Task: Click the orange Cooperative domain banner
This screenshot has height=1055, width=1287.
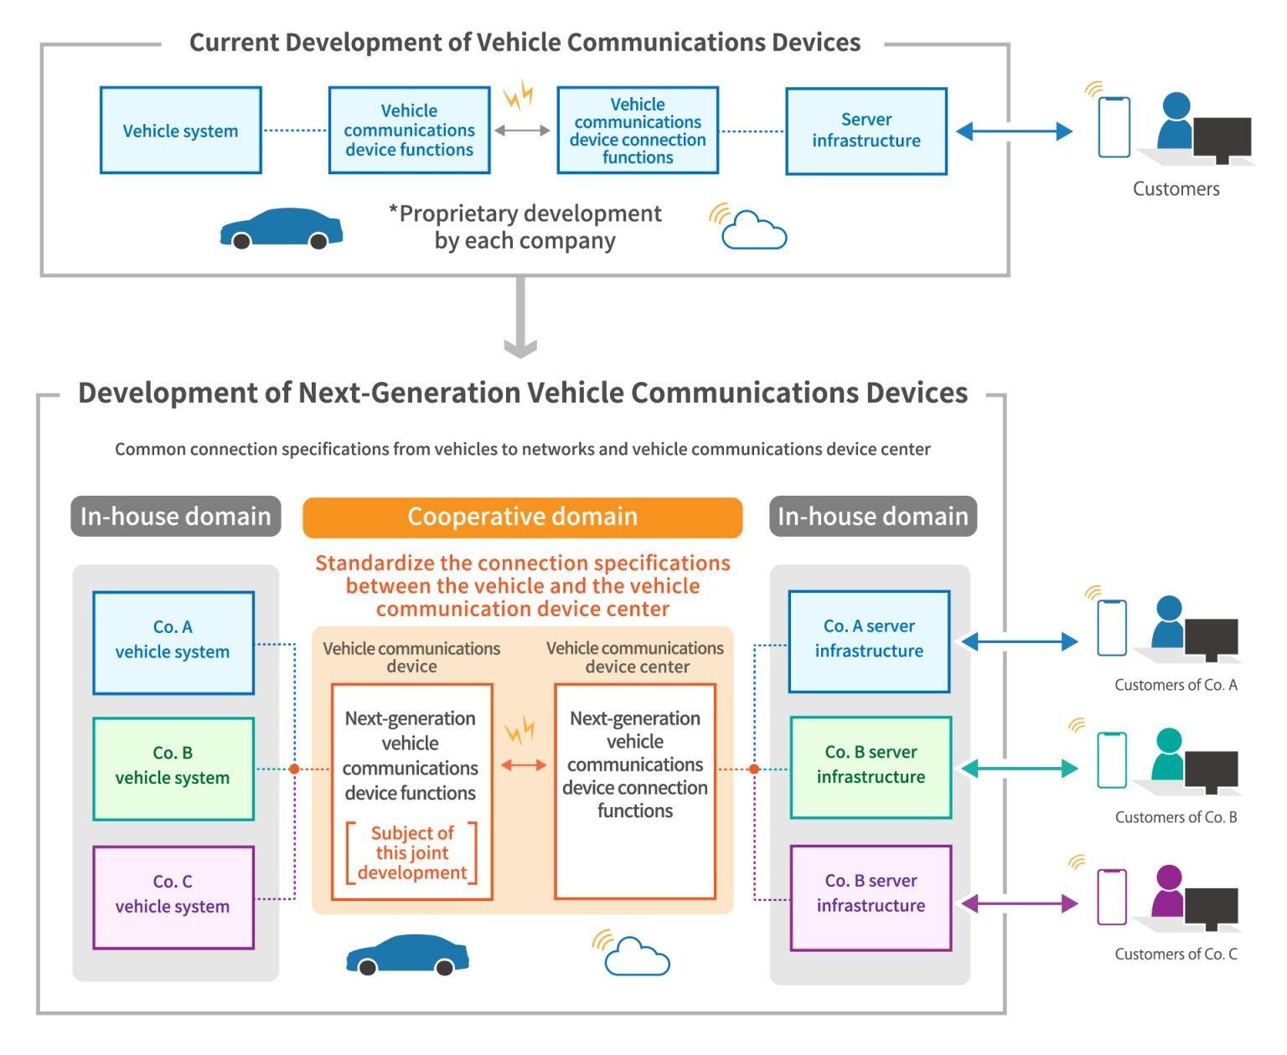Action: [522, 517]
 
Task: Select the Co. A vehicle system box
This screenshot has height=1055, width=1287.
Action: [173, 642]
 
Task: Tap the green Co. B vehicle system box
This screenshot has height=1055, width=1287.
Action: [173, 768]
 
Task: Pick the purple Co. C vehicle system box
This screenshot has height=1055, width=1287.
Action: [173, 897]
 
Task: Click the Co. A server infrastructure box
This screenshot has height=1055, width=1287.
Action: [869, 641]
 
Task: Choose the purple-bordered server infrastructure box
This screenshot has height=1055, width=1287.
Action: [871, 897]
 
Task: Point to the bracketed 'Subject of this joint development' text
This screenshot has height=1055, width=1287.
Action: [412, 853]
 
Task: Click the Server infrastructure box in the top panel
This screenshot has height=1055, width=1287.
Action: [866, 131]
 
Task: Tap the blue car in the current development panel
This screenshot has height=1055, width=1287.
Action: [281, 229]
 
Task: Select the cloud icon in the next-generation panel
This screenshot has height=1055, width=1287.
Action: [637, 956]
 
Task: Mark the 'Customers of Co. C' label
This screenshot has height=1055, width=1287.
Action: [1176, 954]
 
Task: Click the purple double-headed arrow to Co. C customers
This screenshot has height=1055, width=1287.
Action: [1019, 903]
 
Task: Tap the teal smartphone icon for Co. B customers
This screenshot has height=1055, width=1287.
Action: [1111, 760]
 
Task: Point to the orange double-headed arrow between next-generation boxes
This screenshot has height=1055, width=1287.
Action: [524, 764]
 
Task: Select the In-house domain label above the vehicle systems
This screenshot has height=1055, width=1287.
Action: [175, 517]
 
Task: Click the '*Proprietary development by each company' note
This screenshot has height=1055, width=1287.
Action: [525, 227]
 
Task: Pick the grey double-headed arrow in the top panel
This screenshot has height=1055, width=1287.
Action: [522, 131]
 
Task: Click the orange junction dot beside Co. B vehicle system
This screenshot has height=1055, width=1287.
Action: [294, 769]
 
